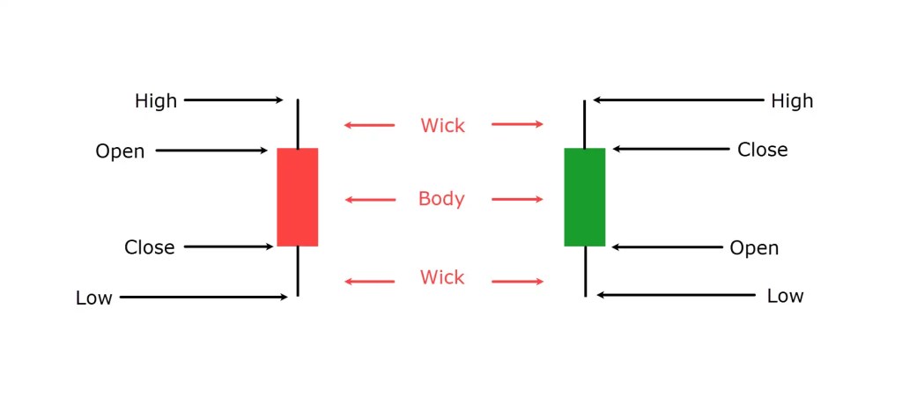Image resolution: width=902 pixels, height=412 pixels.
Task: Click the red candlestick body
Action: point(297,197)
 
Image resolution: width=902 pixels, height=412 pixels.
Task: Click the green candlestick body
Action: point(584,197)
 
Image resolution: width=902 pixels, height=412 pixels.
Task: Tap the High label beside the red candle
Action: point(156,101)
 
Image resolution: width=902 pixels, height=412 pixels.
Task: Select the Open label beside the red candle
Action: point(120,151)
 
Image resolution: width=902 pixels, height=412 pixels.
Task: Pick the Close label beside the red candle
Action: point(149,247)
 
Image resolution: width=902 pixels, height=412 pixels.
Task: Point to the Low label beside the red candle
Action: point(93,298)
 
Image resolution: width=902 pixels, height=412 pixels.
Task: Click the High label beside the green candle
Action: point(792,101)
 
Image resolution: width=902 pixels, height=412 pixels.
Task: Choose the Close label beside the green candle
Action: point(762,151)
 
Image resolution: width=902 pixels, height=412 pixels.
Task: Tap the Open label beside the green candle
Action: point(754,248)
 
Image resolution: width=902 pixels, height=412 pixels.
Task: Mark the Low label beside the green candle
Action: point(784,296)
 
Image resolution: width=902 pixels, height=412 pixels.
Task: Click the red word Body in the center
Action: point(441,199)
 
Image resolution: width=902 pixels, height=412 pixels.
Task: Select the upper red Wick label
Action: point(442,125)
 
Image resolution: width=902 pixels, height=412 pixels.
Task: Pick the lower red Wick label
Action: point(442,278)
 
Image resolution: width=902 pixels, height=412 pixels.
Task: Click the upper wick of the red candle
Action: point(298,123)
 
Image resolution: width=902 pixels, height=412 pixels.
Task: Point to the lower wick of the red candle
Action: point(298,271)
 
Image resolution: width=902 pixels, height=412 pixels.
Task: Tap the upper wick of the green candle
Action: point(585,123)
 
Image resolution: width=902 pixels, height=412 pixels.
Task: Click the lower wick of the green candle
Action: point(585,271)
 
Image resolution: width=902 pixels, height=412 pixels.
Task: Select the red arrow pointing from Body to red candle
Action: point(370,200)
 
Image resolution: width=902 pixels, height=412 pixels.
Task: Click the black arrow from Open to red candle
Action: point(211,151)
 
